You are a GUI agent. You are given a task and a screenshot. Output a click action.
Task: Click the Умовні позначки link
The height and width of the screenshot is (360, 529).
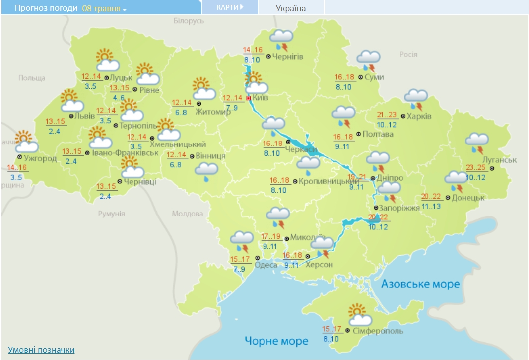[x=41, y=350]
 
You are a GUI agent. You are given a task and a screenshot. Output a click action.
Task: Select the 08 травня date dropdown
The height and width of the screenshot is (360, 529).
[x=104, y=9]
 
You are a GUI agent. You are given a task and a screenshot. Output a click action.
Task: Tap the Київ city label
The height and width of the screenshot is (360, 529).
[x=261, y=98]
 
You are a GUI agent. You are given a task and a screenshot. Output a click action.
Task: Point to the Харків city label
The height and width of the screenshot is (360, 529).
[x=419, y=117]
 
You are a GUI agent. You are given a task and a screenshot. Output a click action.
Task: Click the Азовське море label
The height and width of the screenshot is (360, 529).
[x=420, y=284]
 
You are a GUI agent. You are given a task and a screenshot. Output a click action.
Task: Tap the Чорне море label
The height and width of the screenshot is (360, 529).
[x=276, y=341]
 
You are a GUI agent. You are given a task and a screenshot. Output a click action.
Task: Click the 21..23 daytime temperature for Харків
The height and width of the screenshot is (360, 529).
[x=387, y=115]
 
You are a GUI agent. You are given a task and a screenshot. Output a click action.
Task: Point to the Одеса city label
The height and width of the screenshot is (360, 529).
[x=265, y=265]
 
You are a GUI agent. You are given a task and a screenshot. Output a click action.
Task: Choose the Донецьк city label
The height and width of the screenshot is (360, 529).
[x=468, y=198]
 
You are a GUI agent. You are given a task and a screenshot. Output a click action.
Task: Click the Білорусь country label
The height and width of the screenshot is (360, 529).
[x=189, y=21]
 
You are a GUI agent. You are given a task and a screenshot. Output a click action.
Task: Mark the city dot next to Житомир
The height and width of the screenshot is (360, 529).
[x=198, y=104]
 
